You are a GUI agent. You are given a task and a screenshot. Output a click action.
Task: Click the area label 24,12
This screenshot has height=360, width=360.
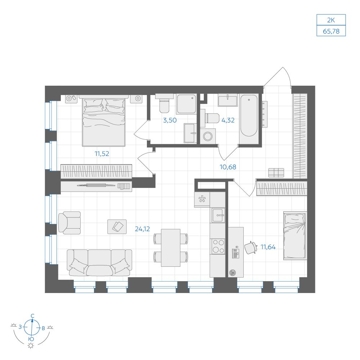pyautogui.click(x=142, y=229)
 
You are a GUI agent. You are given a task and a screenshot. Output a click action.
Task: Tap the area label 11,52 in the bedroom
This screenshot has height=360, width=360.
pyautogui.click(x=102, y=154)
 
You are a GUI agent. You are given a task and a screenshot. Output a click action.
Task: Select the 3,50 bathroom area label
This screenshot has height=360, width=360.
pyautogui.click(x=170, y=120)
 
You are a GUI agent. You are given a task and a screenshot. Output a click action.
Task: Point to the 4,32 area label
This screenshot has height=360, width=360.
pyautogui.click(x=228, y=120)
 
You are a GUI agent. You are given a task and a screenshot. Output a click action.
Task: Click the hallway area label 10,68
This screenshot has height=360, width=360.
pyautogui.click(x=228, y=167)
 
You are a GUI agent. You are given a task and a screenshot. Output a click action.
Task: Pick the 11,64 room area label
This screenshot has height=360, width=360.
pyautogui.click(x=268, y=247)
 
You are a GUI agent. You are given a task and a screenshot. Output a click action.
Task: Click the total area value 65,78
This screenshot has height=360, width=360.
pyautogui.click(x=331, y=31)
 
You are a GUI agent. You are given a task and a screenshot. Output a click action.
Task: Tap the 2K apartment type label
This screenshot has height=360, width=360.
pyautogui.click(x=331, y=20)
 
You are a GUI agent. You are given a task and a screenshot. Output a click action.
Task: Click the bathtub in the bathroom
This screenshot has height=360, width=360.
pyautogui.click(x=249, y=116)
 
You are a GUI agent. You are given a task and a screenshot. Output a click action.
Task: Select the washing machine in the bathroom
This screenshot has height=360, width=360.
pyautogui.click(x=208, y=136)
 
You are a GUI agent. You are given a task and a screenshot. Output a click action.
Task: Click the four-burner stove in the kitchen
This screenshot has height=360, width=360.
pyautogui.click(x=218, y=246)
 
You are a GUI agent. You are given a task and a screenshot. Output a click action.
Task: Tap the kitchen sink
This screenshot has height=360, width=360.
pyautogui.click(x=218, y=215)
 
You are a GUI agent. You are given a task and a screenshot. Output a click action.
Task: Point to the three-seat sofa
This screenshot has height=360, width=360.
pyautogui.click(x=99, y=263)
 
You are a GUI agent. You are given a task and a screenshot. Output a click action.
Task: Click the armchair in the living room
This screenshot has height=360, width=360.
pyautogui.click(x=69, y=223)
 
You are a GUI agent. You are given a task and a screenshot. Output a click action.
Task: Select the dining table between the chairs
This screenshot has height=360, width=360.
pyautogui.click(x=171, y=248)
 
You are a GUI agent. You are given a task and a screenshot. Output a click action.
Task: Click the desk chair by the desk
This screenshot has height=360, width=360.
pyautogui.click(x=251, y=248)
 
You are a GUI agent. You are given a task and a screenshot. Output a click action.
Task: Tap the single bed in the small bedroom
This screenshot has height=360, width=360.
pyautogui.click(x=295, y=235)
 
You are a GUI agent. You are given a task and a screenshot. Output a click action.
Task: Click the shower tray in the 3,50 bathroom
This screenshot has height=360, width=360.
pyautogui.click(x=186, y=104)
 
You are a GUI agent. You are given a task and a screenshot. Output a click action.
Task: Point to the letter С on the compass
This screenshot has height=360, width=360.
pyautogui.click(x=33, y=316)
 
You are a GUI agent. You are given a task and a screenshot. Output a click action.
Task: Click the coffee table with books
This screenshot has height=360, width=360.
pyautogui.click(x=117, y=226)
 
